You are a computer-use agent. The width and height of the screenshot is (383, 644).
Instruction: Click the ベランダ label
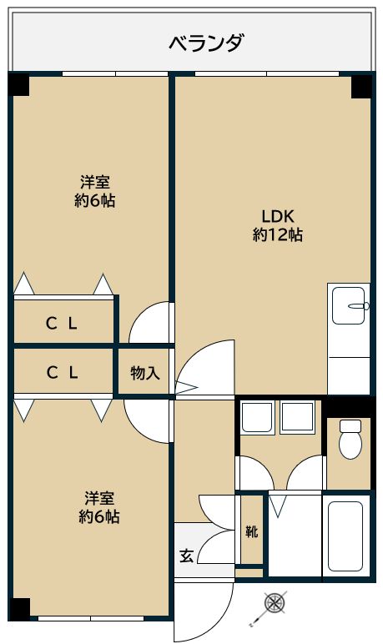207,43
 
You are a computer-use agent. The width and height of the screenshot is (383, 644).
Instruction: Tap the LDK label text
277,215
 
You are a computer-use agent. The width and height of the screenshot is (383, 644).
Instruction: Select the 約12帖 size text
277,235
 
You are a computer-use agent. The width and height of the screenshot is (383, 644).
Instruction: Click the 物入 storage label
145,373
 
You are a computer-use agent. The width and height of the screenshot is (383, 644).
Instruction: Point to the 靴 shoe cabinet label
251,531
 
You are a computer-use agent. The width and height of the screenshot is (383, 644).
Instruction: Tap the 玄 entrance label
187,556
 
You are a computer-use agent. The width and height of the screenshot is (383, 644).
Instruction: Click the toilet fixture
350,439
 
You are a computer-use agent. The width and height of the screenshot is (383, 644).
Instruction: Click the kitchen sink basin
349,305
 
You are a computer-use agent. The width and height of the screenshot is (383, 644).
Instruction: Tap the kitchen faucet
358,305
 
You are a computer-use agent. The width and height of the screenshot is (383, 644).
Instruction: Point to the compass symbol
275,603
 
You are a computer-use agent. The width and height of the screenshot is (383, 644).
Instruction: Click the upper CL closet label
62,325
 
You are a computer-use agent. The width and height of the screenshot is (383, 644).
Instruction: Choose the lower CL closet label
62,373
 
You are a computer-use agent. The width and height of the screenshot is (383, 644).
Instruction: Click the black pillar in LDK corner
361,87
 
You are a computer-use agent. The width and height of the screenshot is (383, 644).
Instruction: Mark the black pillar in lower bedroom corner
20,609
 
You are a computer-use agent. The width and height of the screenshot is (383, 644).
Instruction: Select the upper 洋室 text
95,181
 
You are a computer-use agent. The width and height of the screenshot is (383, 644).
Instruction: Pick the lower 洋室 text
99,498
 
